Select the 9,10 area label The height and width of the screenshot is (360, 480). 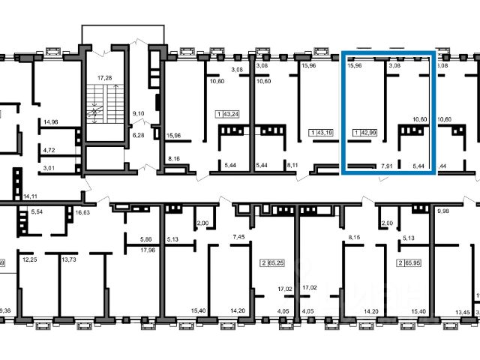point(138,114)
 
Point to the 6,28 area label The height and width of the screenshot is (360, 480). point(138,136)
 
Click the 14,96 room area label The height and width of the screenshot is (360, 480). point(51,121)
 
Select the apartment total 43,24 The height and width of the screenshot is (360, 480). point(227,115)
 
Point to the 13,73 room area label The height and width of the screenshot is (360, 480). point(68,259)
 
